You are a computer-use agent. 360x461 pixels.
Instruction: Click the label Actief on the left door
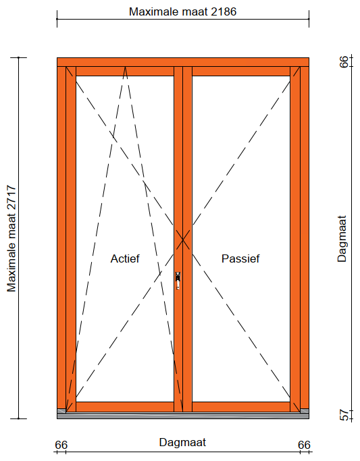pyautogui.click(x=125, y=259)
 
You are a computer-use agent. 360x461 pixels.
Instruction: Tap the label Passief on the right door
pyautogui.click(x=240, y=259)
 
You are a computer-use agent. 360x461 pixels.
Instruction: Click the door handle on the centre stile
pyautogui.click(x=178, y=281)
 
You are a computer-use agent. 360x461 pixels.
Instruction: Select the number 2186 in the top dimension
pyautogui.click(x=224, y=11)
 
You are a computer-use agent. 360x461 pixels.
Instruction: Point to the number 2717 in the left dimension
pyautogui.click(x=11, y=198)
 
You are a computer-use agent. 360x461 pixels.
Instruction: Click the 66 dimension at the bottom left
pyautogui.click(x=61, y=445)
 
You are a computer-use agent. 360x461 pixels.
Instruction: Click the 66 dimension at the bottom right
pyautogui.click(x=304, y=445)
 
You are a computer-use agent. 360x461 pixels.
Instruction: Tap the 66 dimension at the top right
pyautogui.click(x=344, y=61)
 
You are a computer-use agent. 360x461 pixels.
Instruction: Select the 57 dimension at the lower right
pyautogui.click(x=344, y=415)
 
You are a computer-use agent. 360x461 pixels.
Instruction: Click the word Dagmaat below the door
pyautogui.click(x=182, y=442)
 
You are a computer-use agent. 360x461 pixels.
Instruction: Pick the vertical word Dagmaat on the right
pyautogui.click(x=342, y=239)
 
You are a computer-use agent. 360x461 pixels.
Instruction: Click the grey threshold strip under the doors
pyautogui.click(x=183, y=416)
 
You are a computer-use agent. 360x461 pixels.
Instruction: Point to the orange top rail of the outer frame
pyautogui.click(x=183, y=62)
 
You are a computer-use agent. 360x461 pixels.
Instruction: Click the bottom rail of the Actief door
pyautogui.click(x=125, y=406)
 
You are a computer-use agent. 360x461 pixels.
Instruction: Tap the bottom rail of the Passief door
pyautogui.click(x=241, y=406)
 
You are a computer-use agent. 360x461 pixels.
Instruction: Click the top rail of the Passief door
pyautogui.click(x=241, y=72)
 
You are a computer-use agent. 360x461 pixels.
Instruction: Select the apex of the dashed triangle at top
pyautogui.click(x=126, y=67)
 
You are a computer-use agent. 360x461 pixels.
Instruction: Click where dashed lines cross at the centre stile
pyautogui.click(x=183, y=240)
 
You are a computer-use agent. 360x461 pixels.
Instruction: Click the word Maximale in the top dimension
pyautogui.click(x=154, y=11)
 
